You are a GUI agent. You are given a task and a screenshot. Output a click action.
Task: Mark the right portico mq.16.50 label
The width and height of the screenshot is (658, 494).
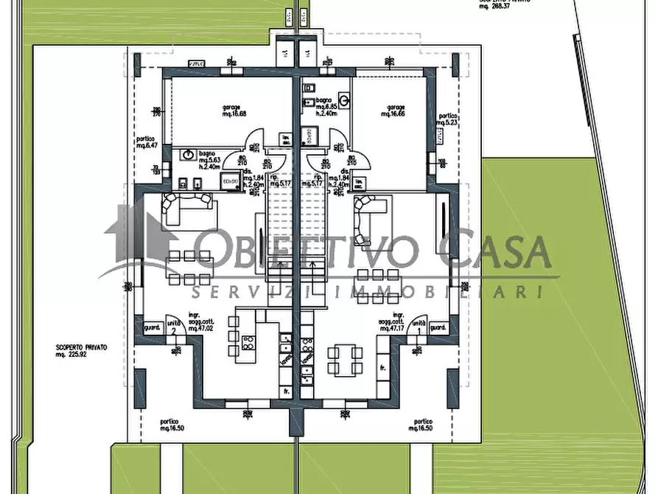(x=422, y=425)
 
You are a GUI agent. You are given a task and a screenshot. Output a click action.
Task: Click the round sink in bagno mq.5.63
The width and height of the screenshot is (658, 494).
(x=189, y=155)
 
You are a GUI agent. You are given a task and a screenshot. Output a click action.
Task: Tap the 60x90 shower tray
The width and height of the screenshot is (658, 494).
(x=231, y=181)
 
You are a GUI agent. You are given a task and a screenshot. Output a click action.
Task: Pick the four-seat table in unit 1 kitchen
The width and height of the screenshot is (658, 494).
(x=346, y=360)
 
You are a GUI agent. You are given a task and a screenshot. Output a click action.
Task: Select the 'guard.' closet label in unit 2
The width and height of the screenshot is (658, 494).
(x=153, y=328)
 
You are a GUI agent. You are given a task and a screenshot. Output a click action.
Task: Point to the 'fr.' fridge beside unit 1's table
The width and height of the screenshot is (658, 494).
(x=383, y=366)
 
